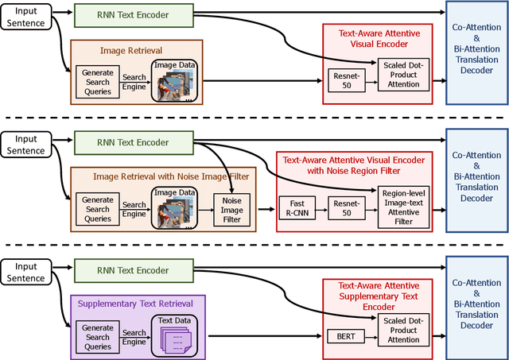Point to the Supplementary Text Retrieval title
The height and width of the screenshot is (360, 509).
[x=138, y=304]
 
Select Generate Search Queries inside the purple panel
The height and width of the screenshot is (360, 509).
[x=98, y=333]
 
